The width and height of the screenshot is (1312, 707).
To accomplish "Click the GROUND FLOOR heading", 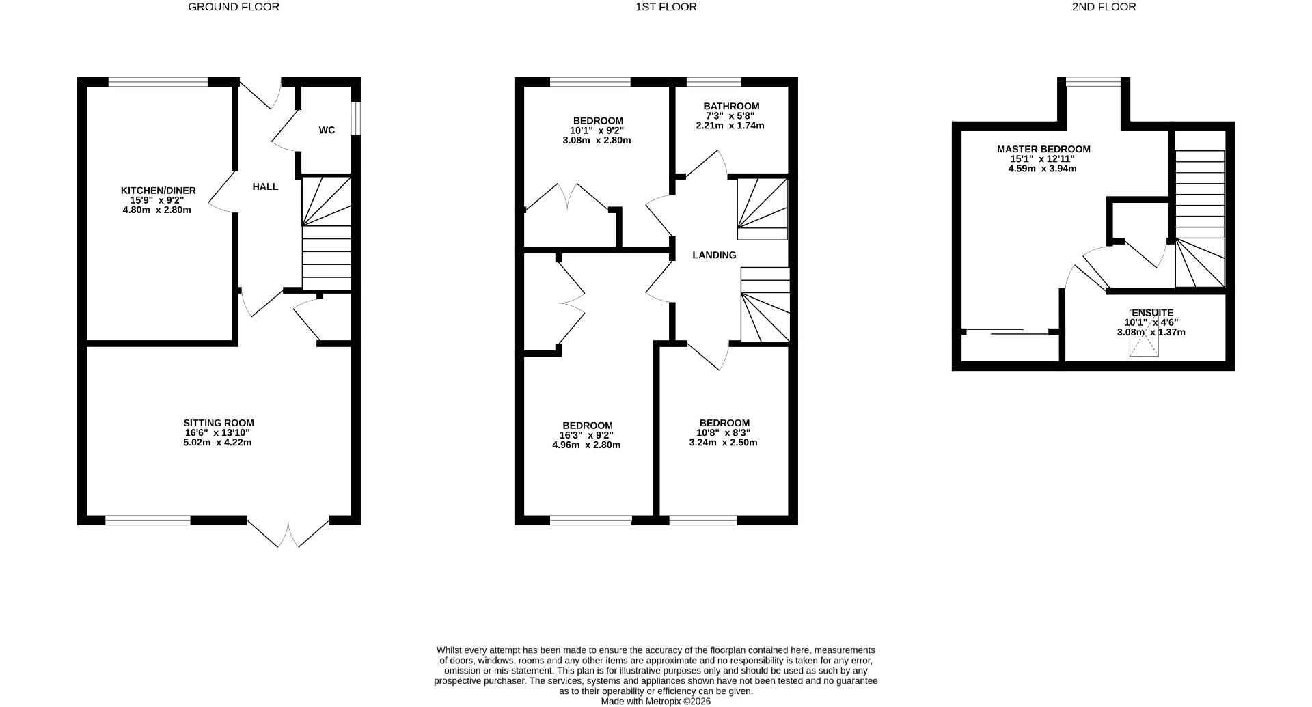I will pos(234,7).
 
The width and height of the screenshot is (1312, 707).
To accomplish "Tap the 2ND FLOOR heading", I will pos(1104,7).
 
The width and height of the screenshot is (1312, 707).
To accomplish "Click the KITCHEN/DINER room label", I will pos(158,191).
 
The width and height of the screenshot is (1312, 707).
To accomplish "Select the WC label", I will pos(327,130).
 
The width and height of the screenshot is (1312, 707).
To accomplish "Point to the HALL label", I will pos(265,186).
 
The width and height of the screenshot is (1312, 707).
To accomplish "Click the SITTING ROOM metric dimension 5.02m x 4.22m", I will pos(217,443).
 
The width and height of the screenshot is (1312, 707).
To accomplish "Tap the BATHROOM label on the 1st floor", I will pos(731,106).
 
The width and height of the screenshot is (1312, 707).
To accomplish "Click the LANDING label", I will pos(714,255).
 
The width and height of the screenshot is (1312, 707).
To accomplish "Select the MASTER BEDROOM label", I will pos(1043,149).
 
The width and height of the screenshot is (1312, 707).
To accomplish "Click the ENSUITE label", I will pos(1152,313).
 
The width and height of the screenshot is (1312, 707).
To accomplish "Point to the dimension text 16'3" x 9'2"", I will pos(586,435).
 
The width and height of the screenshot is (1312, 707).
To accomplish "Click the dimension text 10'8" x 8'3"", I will pos(724,432).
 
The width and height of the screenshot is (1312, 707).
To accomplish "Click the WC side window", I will pos(356,120).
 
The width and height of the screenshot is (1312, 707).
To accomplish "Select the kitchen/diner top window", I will pos(158,82).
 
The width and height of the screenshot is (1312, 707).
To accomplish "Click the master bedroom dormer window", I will pos(1093,82).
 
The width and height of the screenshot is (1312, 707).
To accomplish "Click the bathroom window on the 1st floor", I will pos(713,82).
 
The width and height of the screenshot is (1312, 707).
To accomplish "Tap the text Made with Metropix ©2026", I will pos(655,701).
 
